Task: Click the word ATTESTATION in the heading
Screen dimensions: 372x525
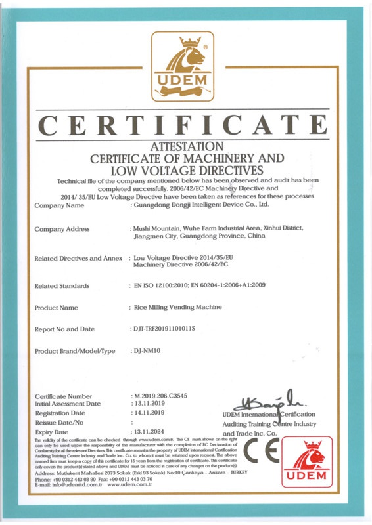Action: click(187, 146)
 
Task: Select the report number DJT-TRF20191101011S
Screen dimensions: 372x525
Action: click(164, 328)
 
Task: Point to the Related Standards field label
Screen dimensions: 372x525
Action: click(62, 286)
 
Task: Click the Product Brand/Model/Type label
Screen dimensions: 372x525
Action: click(74, 352)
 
